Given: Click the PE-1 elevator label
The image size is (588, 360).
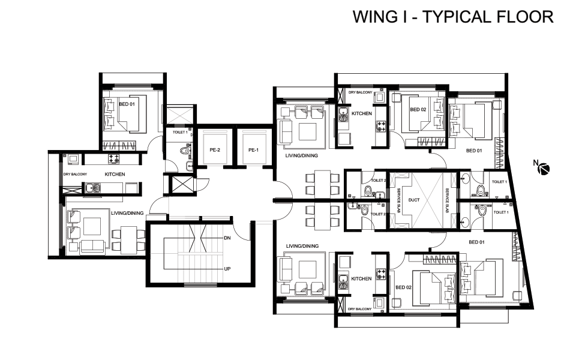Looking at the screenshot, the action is tap(253, 150).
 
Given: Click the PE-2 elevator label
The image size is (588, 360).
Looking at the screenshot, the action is tap(215, 150).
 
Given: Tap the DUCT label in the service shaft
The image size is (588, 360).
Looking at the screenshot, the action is tap(414, 200).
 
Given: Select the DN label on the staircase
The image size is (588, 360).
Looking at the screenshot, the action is tap(227, 238).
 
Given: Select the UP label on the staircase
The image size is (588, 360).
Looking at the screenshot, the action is tap(227, 269).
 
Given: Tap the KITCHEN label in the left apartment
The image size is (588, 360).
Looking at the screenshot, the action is tap(115, 175).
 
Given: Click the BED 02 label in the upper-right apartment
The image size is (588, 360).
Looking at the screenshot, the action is tap(418, 109).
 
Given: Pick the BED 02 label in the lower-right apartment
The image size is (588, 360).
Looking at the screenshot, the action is tap(403, 287).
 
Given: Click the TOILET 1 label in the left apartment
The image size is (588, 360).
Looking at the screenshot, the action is tap(180, 133).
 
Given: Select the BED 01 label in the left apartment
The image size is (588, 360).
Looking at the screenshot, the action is tap(127, 104).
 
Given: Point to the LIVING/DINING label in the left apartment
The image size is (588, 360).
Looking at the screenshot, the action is tap(127, 213).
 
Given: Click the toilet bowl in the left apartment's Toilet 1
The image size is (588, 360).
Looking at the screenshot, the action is tap(185, 151).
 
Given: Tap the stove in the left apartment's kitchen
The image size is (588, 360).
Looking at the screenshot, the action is tap(114, 158).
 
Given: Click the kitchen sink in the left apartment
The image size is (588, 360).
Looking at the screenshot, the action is tap(92, 187).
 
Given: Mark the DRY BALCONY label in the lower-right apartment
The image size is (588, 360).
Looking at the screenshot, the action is tap(359, 309).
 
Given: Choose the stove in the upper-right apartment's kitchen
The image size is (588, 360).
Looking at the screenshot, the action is tap(382, 125).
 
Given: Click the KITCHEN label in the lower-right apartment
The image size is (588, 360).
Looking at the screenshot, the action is tap(361, 278).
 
